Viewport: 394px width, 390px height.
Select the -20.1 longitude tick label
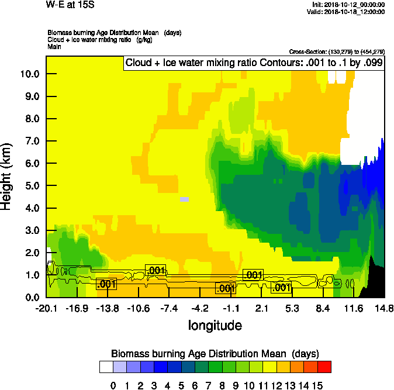(46, 308)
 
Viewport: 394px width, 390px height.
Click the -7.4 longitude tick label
(170, 308)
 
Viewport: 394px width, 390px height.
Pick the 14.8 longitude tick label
(383, 308)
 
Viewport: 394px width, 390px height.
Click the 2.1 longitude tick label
(261, 308)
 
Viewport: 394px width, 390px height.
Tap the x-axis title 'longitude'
(215, 325)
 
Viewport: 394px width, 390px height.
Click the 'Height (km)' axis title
(7, 169)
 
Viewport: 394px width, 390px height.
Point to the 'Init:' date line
(348, 5)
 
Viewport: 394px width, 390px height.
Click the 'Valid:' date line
(348, 12)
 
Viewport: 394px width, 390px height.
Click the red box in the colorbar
(324, 367)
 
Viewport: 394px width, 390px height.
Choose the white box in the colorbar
(106, 367)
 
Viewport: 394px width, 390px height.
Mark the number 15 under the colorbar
(317, 386)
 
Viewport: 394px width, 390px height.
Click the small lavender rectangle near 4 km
(184, 200)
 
